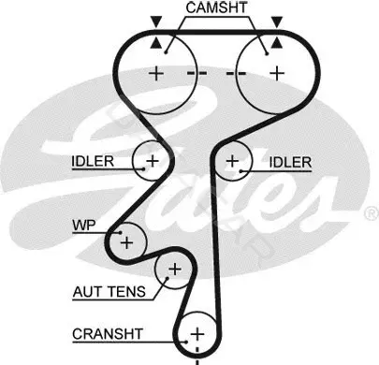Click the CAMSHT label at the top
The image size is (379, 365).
216,7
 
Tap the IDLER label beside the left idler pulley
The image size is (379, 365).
93,162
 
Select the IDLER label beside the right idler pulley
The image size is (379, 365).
290,163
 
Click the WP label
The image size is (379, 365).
84,225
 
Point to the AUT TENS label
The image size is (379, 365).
109,292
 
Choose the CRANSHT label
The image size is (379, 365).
108,334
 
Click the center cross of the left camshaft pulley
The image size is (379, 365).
156,74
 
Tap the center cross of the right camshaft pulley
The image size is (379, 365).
277,74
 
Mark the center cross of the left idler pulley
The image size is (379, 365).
153,161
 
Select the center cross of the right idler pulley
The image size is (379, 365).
232,161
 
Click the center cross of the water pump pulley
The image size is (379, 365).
126,242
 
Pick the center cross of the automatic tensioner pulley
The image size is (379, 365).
175,269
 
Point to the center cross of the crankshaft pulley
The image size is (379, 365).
197,334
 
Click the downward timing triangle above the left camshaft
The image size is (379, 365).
156,22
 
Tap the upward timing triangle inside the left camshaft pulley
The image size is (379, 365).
156,43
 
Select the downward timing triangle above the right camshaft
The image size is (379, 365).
277,22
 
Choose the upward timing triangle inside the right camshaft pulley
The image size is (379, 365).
277,43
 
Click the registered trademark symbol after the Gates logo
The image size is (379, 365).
372,213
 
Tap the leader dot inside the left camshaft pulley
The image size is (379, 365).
167,52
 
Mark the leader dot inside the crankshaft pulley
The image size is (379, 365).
186,342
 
